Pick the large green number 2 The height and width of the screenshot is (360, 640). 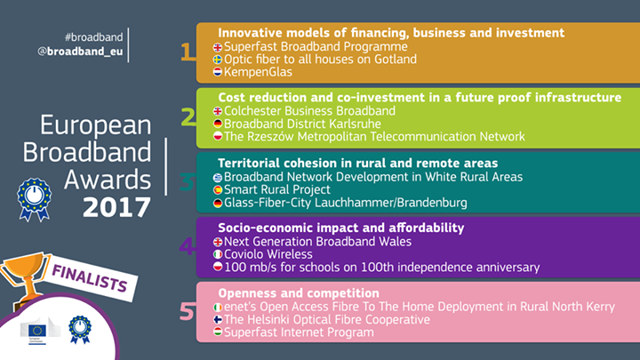(x=188, y=118)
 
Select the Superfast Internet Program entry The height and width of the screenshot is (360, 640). (x=299, y=332)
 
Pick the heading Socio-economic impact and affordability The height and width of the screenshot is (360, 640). (x=340, y=228)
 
